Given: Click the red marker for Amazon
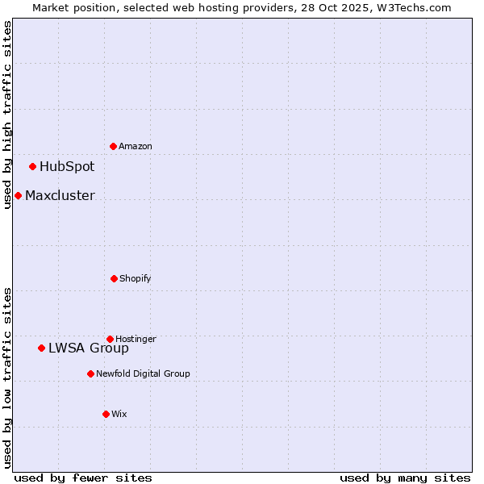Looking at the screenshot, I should (x=114, y=146).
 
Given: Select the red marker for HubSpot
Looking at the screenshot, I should (x=33, y=167).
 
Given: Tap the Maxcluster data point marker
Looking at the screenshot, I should (x=18, y=195).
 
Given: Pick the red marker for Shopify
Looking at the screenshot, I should (x=114, y=278).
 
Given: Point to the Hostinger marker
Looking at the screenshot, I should (x=111, y=339).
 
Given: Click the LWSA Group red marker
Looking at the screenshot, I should (x=42, y=348).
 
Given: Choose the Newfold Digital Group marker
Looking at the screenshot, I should (x=90, y=373).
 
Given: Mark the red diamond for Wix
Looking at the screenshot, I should (x=106, y=414).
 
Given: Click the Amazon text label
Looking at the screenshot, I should (x=136, y=146).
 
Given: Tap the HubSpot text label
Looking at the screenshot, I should (x=67, y=167).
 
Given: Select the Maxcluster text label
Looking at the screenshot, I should (x=60, y=195).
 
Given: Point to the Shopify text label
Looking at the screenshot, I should (x=136, y=278).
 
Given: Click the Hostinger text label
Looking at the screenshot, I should (x=136, y=339).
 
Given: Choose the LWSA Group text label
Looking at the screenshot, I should (x=89, y=348).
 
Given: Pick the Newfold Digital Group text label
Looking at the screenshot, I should (x=144, y=373).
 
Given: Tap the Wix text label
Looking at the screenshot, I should (x=119, y=414).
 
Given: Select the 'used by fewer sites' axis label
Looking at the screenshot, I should (x=83, y=478).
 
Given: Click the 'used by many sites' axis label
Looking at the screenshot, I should (x=405, y=478).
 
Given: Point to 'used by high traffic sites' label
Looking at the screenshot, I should (x=7, y=115).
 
